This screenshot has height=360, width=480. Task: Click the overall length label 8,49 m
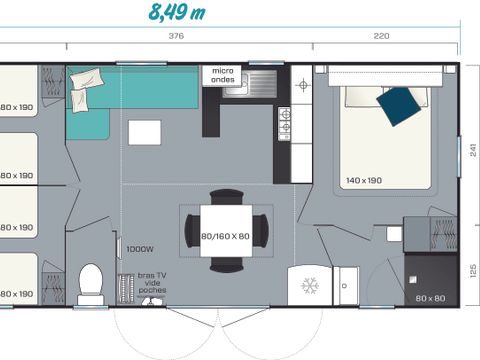click(176, 13)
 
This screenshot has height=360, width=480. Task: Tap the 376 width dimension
click(176, 37)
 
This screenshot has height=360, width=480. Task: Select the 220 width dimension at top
click(381, 37)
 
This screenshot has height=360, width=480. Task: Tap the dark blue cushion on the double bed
click(400, 105)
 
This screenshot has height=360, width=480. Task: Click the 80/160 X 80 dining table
click(226, 237)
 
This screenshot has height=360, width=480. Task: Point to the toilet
click(90, 282)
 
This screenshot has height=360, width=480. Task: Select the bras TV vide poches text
click(152, 283)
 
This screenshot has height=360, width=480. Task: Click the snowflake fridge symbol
click(309, 284)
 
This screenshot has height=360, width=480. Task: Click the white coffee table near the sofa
click(144, 132)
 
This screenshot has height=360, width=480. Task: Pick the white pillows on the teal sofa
click(86, 80)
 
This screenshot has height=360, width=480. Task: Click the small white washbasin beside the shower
click(394, 233)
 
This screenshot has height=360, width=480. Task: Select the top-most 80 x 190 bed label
click(16, 106)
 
